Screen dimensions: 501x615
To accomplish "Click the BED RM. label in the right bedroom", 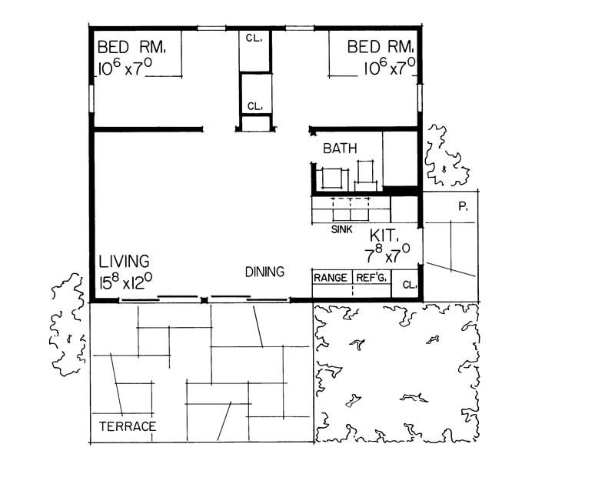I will [x=381, y=47].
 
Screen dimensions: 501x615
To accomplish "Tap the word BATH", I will [x=339, y=149].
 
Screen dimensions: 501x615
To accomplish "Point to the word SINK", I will [x=342, y=229].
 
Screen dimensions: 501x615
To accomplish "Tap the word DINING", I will [x=265, y=272].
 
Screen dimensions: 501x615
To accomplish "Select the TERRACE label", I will [x=128, y=426].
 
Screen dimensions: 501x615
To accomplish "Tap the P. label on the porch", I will [x=463, y=208].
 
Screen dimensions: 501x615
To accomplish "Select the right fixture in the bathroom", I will [x=367, y=175].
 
